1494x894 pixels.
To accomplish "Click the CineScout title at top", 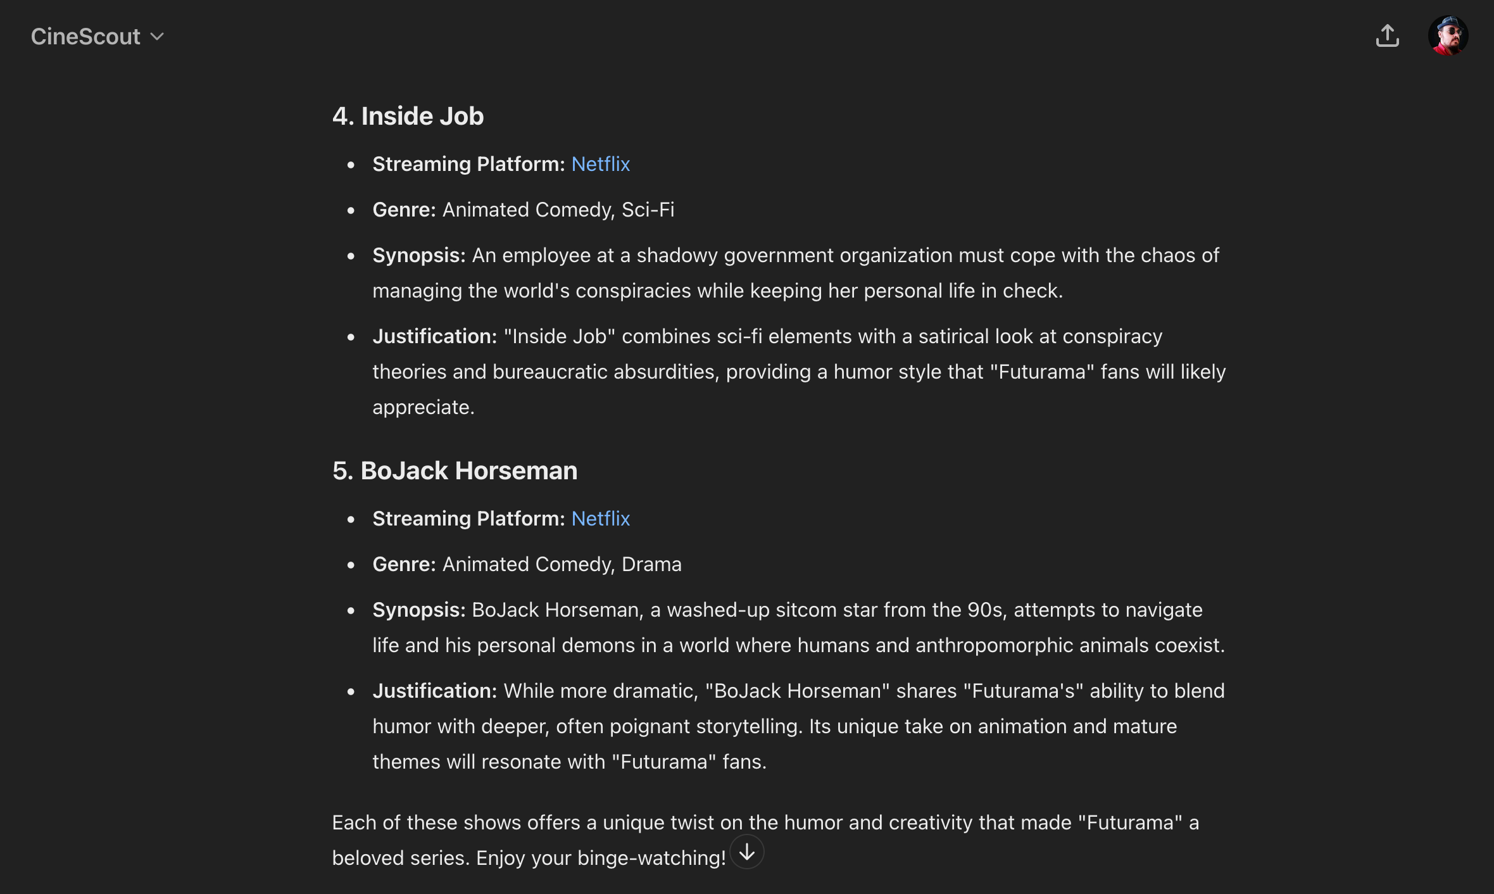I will point(85,37).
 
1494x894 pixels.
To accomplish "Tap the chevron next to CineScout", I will point(157,37).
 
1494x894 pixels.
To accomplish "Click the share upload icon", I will point(1387,36).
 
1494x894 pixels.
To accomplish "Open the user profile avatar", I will point(1448,36).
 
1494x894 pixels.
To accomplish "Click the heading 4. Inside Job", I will point(408,116).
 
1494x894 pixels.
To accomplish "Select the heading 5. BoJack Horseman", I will point(455,471).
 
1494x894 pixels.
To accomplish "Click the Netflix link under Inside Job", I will point(600,164).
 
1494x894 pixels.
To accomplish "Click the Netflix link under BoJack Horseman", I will point(600,519).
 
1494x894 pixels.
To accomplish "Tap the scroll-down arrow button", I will point(747,852).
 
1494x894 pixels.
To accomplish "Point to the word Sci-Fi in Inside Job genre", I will point(648,210).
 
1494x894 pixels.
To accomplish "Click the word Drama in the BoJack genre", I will point(651,564).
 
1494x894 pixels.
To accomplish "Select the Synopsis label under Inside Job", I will point(418,255).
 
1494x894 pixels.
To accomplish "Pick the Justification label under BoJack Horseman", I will point(435,691).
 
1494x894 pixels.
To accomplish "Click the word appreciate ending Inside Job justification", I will point(423,407).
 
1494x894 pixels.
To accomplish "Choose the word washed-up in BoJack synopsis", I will point(718,610).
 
